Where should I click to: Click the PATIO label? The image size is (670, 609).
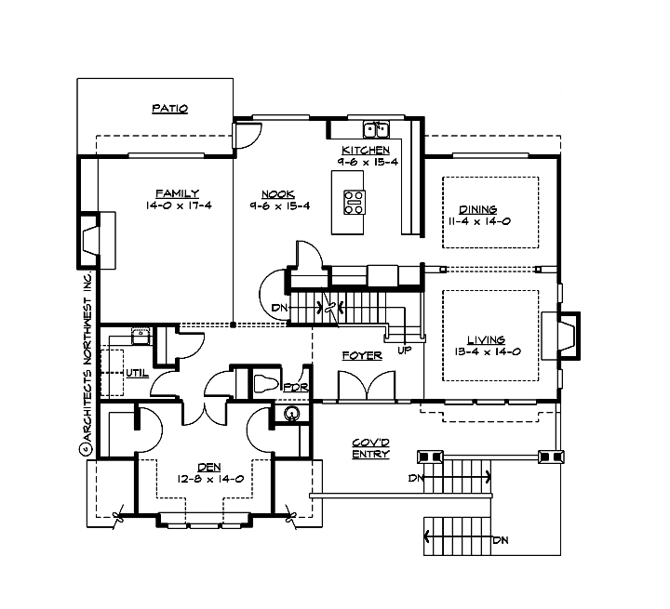coord(170,109)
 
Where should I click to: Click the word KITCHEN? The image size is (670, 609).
coord(365,150)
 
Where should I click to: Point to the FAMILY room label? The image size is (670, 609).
coord(178,193)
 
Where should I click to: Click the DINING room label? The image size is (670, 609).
coord(478,210)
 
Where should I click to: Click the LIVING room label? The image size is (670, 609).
coord(487,340)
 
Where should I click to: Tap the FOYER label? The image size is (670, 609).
coord(362,355)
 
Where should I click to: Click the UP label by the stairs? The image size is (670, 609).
coord(404,351)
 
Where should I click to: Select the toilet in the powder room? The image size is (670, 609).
coord(263,383)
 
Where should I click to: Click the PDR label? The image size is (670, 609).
coord(296,388)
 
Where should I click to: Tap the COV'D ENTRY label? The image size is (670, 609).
coord(370,448)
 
